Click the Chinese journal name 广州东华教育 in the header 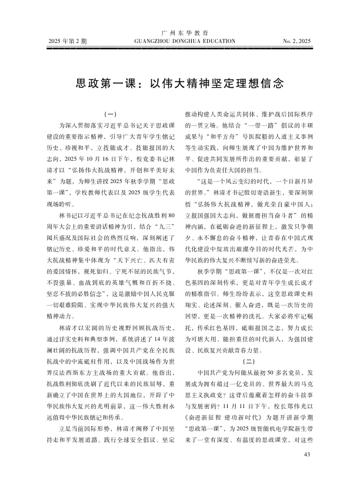pos(179,34)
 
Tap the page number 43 pos(305,472)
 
